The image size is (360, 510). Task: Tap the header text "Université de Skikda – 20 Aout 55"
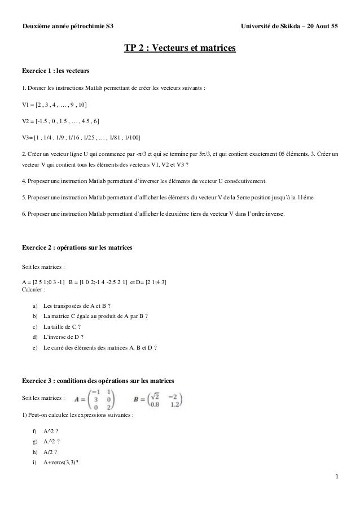pos(289,27)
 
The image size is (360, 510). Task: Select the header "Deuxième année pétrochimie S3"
pos(67,27)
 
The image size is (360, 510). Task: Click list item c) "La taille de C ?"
pos(62,326)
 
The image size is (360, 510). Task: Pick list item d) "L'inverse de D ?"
pos(63,337)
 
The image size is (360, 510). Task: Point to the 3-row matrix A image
pos(95,398)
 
